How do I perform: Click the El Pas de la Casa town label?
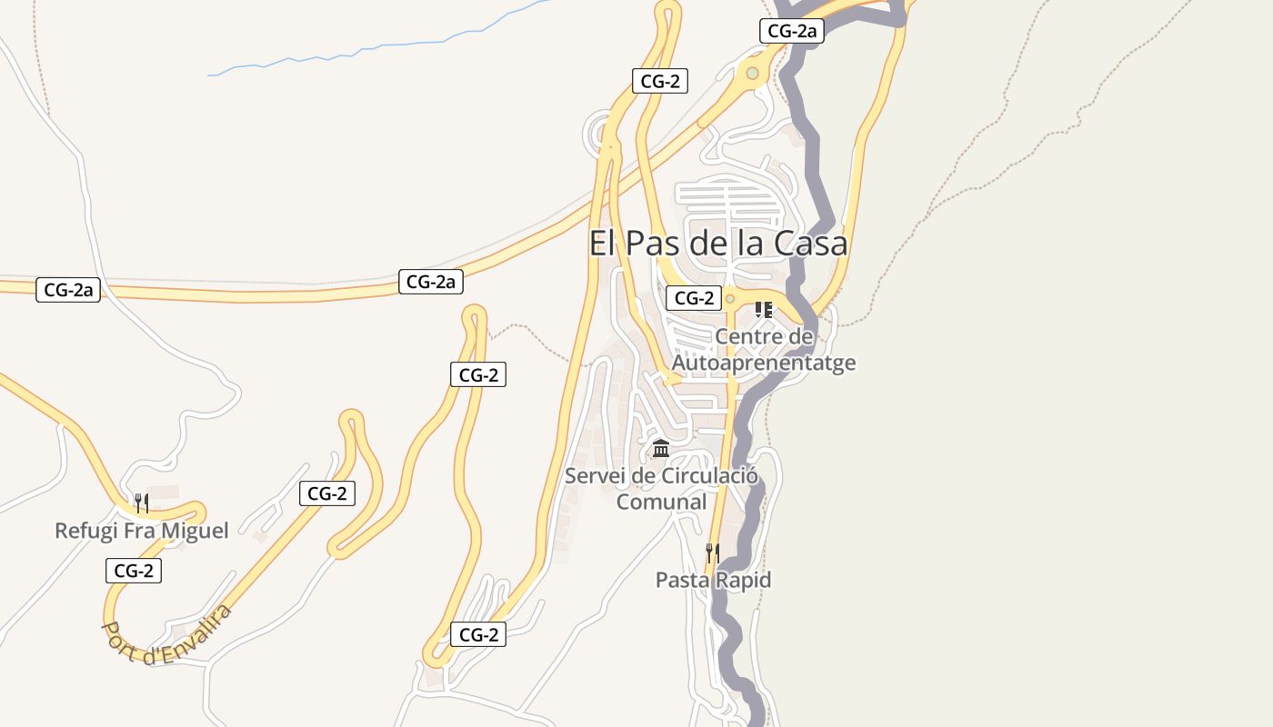[x=718, y=244]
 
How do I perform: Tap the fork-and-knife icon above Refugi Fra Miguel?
[x=141, y=503]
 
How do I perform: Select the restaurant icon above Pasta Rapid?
[x=713, y=553]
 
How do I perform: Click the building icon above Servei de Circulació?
[x=661, y=449]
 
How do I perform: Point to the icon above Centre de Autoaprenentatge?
[x=764, y=310]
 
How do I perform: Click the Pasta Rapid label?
[x=713, y=580]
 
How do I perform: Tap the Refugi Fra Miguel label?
[x=141, y=530]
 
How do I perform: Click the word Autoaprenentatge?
[x=764, y=363]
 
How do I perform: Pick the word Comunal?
[x=661, y=502]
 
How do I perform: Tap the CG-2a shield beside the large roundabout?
[x=791, y=31]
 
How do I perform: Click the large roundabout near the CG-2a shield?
[x=752, y=74]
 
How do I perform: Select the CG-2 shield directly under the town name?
[x=693, y=297]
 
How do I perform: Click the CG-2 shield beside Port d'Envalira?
[x=134, y=571]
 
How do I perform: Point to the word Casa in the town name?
[x=811, y=244]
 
